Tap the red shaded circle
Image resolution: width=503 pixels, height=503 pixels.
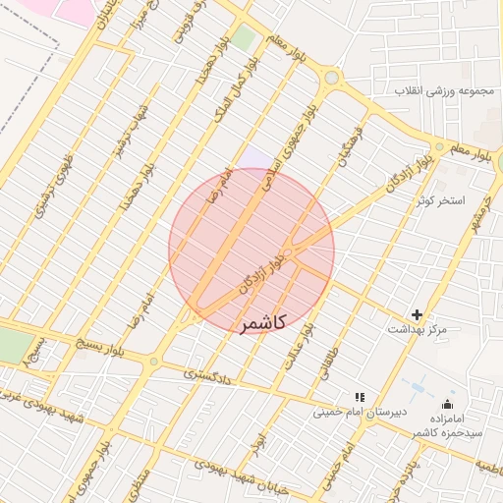(x=251, y=251)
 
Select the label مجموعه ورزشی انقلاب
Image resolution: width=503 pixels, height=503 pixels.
(x=447, y=90)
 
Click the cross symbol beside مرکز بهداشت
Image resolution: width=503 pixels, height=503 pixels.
(x=418, y=314)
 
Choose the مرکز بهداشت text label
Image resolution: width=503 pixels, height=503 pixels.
(x=419, y=329)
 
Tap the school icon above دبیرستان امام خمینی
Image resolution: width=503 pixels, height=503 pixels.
(x=360, y=397)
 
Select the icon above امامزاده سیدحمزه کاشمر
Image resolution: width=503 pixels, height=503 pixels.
(x=448, y=404)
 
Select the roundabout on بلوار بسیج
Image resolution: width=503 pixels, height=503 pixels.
(x=152, y=363)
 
